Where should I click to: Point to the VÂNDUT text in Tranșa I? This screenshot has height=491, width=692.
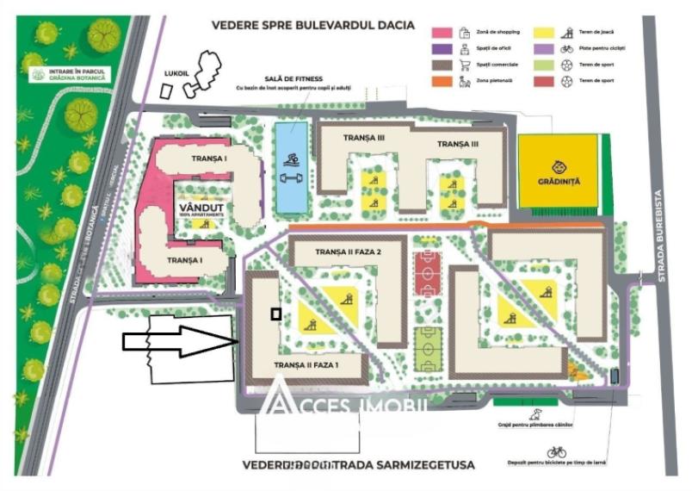click(x=201, y=208)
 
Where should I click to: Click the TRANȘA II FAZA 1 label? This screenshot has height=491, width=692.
click(x=306, y=365)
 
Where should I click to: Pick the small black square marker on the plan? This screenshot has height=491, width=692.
click(x=275, y=314)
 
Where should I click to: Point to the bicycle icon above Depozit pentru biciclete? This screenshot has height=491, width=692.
click(x=557, y=451)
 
